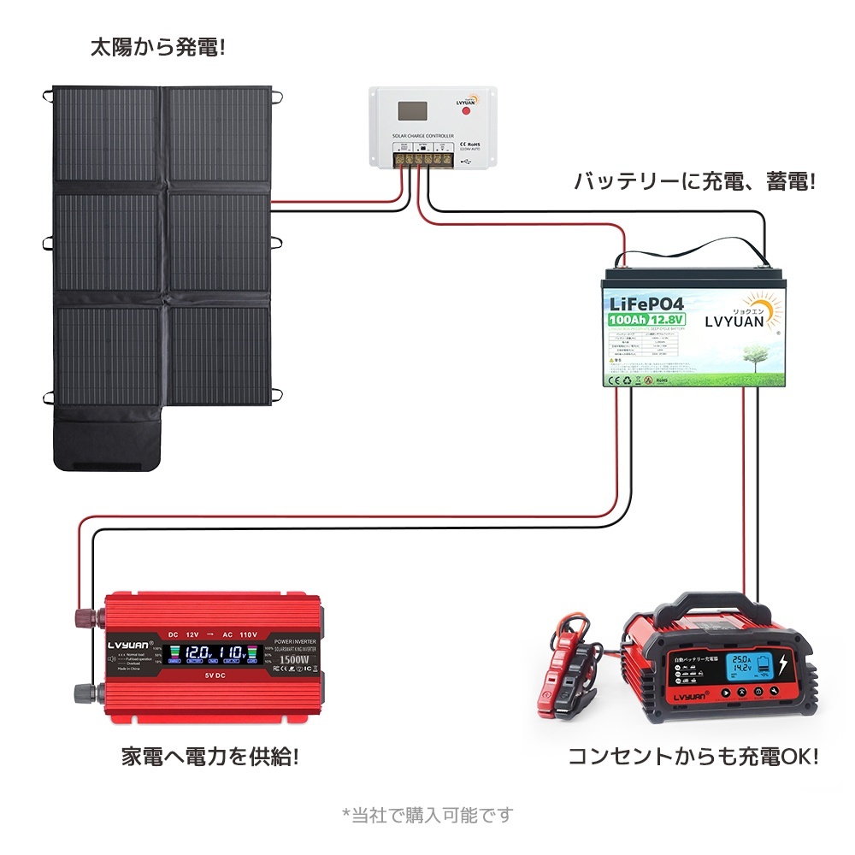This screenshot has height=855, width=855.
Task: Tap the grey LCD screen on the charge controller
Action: [x=411, y=111]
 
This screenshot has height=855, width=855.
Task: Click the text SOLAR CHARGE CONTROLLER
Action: [x=422, y=136]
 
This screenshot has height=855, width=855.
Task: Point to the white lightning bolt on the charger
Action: [x=784, y=666]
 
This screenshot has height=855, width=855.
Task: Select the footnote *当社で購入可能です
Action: [x=427, y=815]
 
